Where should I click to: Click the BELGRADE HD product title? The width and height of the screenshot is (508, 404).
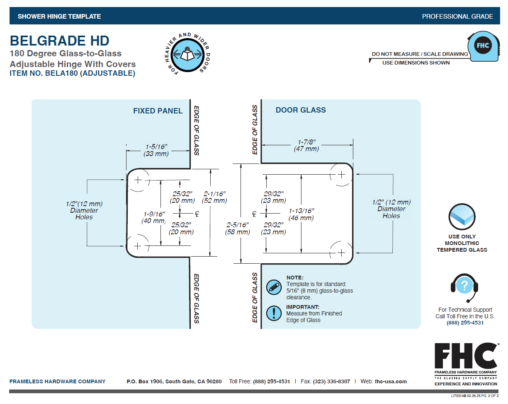pyautogui.click(x=59, y=41)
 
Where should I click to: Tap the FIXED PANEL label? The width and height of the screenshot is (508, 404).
pyautogui.click(x=158, y=111)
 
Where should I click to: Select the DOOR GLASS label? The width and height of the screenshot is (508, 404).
pyautogui.click(x=301, y=110)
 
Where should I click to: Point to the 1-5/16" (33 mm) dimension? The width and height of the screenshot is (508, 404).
pyautogui.click(x=156, y=150)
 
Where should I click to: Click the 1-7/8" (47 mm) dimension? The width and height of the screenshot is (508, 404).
pyautogui.click(x=306, y=145)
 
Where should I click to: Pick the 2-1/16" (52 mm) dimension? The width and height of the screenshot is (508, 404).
pyautogui.click(x=214, y=197)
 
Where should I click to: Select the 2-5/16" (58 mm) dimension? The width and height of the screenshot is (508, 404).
pyautogui.click(x=237, y=228)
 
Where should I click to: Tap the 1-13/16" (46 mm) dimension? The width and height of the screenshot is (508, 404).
pyautogui.click(x=301, y=214)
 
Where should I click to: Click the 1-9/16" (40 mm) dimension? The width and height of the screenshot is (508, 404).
pyautogui.click(x=154, y=217)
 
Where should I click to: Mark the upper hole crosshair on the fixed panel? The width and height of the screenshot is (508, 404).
pyautogui.click(x=138, y=180)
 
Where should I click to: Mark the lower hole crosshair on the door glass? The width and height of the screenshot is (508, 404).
pyautogui.click(x=341, y=253)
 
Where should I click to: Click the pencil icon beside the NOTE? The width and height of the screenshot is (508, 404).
pyautogui.click(x=274, y=287)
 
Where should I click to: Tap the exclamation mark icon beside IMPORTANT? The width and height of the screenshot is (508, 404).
pyautogui.click(x=274, y=313)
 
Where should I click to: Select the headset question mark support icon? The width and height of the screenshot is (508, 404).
pyautogui.click(x=464, y=288)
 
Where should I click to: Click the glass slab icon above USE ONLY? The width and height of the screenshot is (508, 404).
pyautogui.click(x=462, y=216)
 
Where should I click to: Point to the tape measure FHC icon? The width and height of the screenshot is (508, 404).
pyautogui.click(x=484, y=46)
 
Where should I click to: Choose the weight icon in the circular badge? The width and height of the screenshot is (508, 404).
pyautogui.click(x=187, y=55)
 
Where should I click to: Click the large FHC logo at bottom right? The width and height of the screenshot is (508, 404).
pyautogui.click(x=466, y=356)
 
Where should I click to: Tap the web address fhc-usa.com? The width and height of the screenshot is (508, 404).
pyautogui.click(x=391, y=381)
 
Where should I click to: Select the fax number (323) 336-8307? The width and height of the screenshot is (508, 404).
pyautogui.click(x=331, y=381)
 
